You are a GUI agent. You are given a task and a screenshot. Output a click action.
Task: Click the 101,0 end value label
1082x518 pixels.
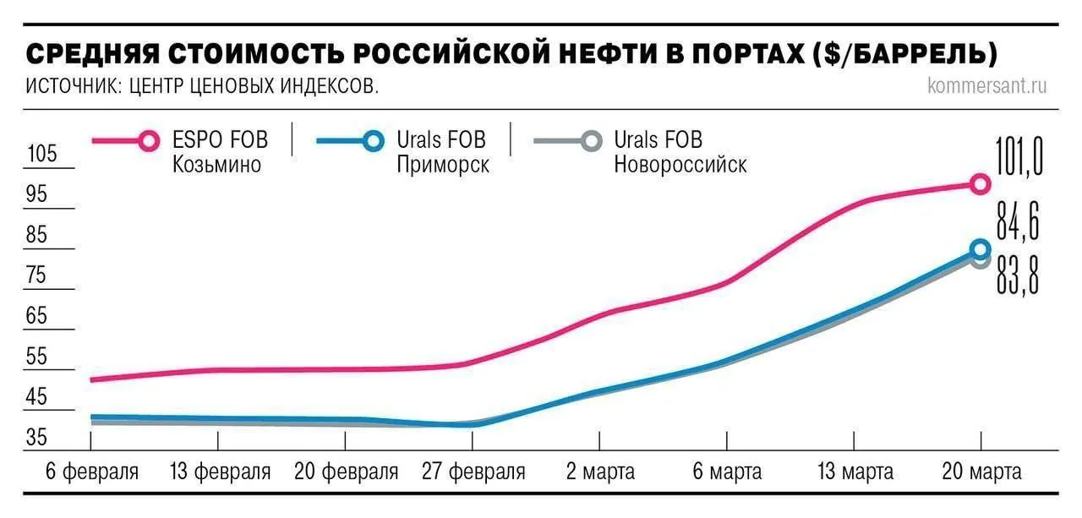pos(1019,158)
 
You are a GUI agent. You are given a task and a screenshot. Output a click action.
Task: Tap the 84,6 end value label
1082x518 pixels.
pos(1018,222)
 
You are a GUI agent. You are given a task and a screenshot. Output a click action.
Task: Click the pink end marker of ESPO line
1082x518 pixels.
pos(980,184)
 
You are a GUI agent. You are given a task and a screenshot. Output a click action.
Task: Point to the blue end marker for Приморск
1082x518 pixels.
pos(980,248)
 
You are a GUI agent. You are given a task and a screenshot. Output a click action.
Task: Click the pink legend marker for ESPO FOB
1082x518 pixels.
pos(149,140)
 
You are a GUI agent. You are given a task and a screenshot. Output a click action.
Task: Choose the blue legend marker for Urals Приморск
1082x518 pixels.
pos(371,140)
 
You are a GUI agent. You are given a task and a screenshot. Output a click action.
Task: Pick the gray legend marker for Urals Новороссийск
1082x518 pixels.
pos(591,140)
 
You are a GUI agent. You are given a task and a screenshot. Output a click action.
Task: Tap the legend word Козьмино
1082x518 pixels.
pos(217,164)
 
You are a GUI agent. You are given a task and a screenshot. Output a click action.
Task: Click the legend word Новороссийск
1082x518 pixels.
pos(680,164)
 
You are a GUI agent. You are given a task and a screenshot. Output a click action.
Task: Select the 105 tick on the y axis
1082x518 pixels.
pos(41,155)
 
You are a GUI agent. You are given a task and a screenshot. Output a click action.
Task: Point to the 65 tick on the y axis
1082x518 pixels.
pos(37,318)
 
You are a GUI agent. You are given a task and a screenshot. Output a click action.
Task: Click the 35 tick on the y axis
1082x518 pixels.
pos(37,438)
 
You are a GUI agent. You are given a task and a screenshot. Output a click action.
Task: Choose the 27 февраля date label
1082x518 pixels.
pos(473,472)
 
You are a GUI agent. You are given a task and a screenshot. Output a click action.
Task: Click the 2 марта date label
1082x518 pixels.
pos(600,472)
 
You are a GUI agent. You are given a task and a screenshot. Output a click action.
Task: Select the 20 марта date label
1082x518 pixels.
pos(981,472)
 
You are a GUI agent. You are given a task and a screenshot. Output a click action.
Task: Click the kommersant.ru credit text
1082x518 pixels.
pos(986,86)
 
